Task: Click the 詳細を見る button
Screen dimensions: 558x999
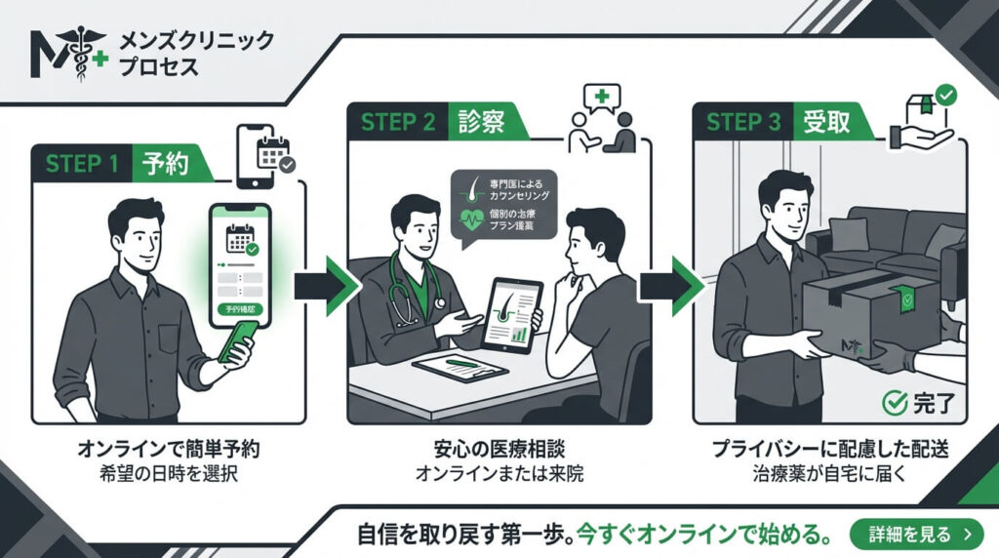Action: coord(911,534)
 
